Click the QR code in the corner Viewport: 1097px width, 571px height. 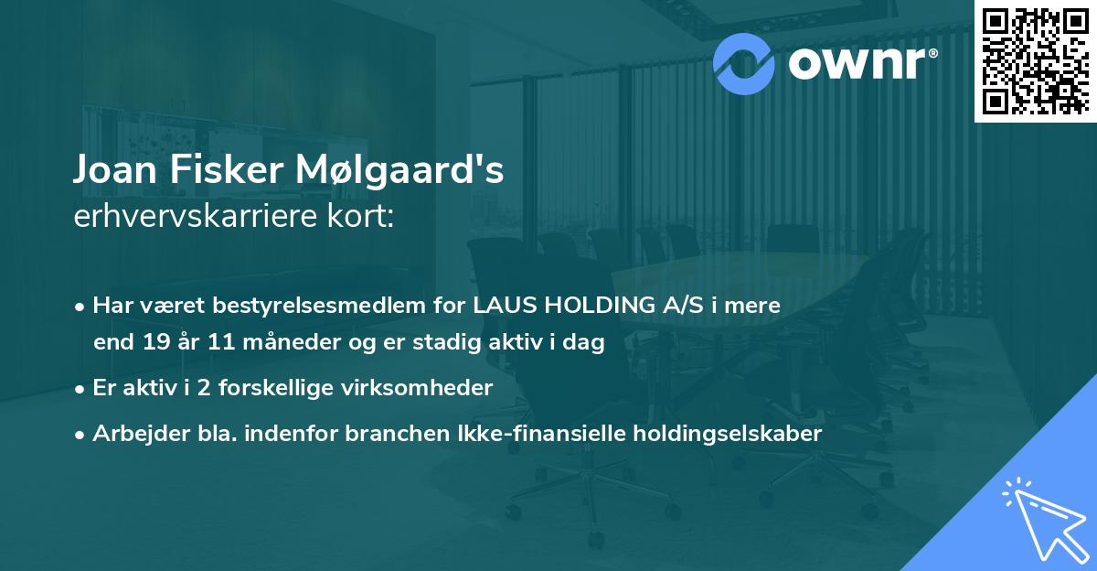click(1035, 60)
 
